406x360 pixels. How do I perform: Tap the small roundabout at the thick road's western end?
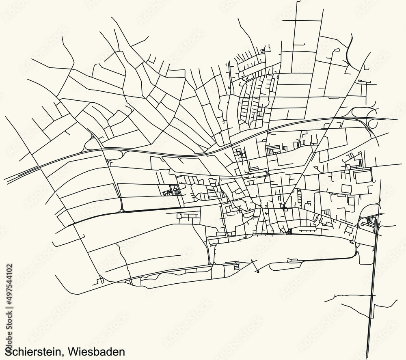coord(121,211)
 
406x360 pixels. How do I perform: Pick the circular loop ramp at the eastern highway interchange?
coord(371,118)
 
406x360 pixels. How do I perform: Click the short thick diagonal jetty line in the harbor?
coord(255,266)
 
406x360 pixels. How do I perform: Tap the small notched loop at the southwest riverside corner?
coord(99,280)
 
